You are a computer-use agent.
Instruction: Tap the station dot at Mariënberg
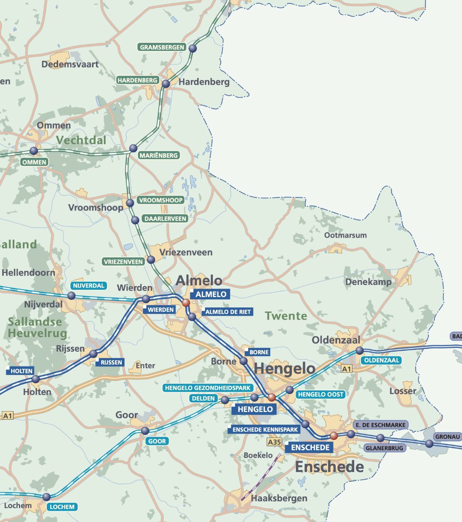[133, 148]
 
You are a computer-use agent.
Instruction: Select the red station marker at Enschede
[333, 435]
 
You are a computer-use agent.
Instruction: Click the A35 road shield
[274, 442]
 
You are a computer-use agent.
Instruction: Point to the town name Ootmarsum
[345, 235]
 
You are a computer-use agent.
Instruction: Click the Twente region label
[286, 316]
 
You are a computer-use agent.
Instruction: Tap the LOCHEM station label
[62, 507]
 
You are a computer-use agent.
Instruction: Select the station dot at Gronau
[429, 444]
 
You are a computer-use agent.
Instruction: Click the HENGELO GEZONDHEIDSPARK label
[208, 388]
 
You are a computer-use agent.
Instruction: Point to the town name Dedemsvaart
[70, 64]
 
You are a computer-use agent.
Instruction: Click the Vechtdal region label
[81, 140]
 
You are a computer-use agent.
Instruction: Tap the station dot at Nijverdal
[71, 296]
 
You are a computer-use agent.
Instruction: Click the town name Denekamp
[368, 282]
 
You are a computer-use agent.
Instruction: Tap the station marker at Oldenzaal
[360, 351]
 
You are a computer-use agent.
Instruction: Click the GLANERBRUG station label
[385, 448]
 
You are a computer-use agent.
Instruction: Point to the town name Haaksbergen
[279, 498]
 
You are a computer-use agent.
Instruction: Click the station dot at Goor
[145, 430]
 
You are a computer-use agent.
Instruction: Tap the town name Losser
[402, 391]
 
